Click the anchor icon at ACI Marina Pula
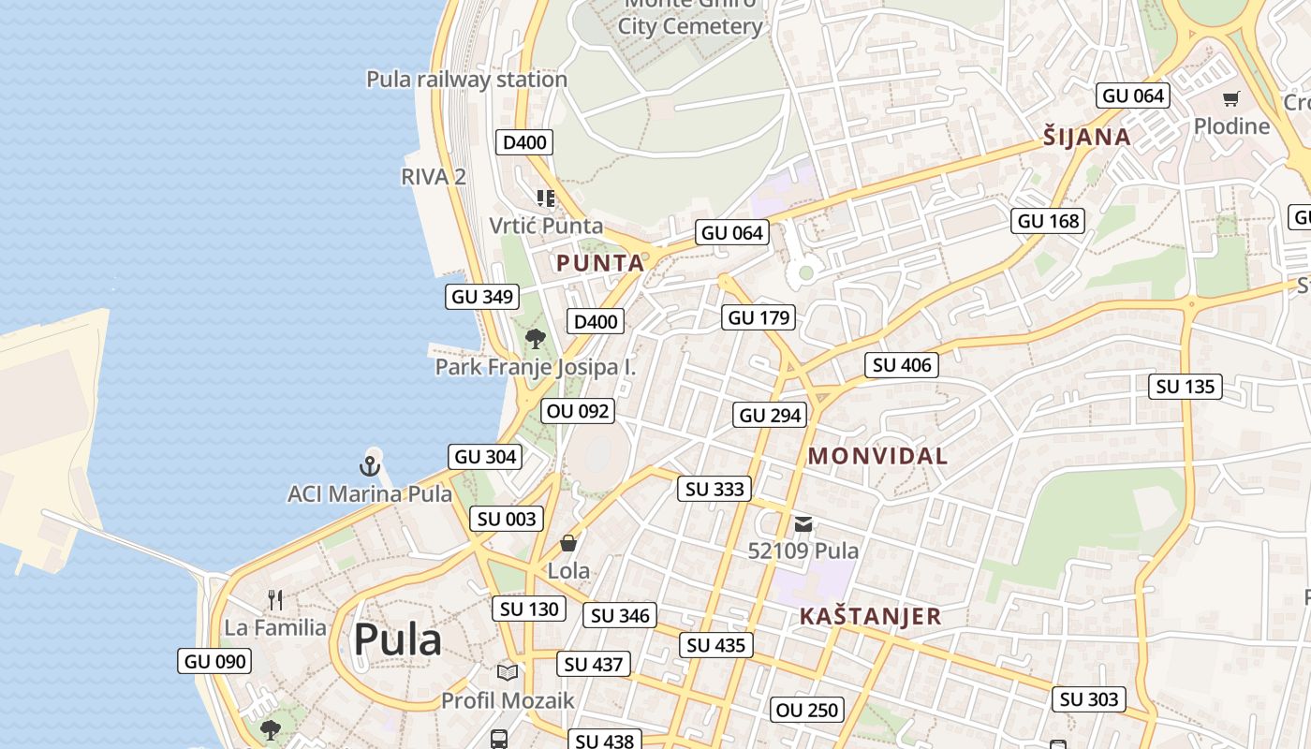tap(370, 464)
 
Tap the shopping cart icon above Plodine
tap(1231, 98)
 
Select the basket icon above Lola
tap(568, 543)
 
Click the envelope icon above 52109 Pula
tap(803, 524)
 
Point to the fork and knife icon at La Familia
tap(275, 599)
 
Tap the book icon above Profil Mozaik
tap(508, 672)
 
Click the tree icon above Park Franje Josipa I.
tap(536, 339)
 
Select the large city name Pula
tap(397, 640)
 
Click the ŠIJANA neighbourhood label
tap(1087, 138)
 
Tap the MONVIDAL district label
tap(877, 457)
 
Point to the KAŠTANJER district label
tap(870, 616)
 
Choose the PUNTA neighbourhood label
tap(600, 264)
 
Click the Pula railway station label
tap(466, 80)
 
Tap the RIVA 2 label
tap(433, 176)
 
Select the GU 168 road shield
tap(1049, 221)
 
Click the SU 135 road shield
tap(1186, 387)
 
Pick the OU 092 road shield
tap(578, 411)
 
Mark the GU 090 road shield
tap(215, 661)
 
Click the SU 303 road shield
tap(1090, 699)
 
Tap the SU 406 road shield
tap(902, 365)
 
